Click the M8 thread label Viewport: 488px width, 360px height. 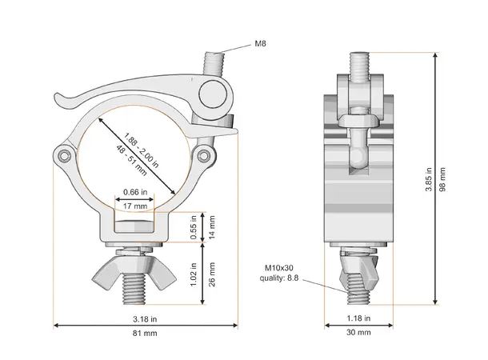(x=260, y=43)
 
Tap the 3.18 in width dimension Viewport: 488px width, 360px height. (x=146, y=318)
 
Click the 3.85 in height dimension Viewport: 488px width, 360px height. (x=429, y=180)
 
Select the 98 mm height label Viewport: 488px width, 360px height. (x=445, y=180)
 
